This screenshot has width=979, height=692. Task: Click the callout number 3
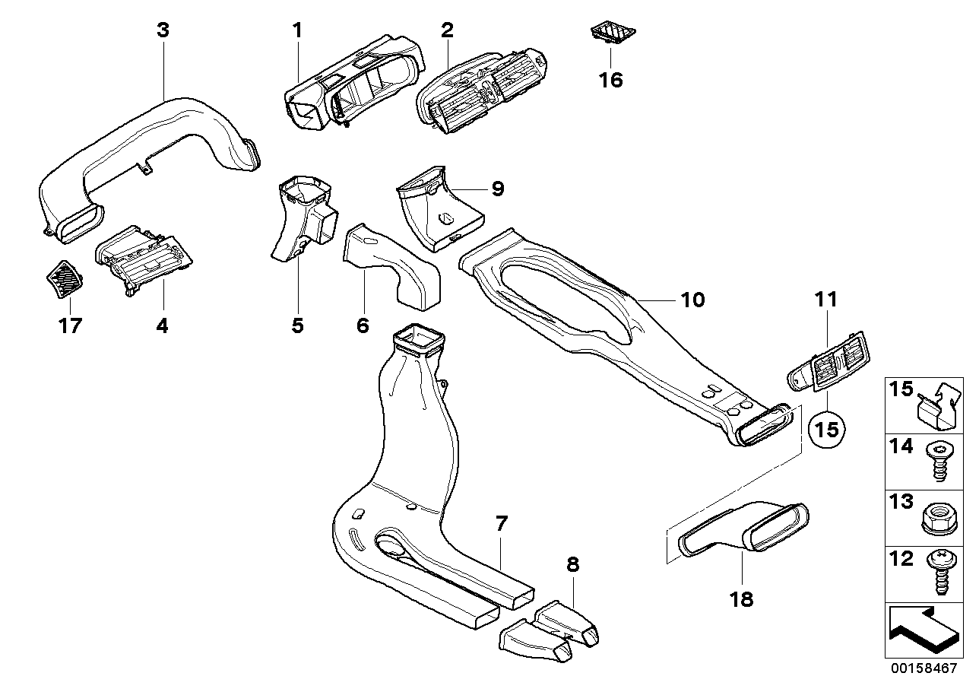[x=162, y=30]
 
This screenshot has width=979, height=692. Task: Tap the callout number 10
[x=692, y=300]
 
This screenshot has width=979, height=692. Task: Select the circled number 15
[x=828, y=429]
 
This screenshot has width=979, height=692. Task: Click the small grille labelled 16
[x=614, y=33]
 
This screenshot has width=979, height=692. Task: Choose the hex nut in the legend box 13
[x=937, y=518]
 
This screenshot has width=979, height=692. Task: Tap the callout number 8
[x=572, y=564]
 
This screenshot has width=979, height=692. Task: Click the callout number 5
[x=297, y=326]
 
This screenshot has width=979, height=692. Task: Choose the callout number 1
[x=297, y=30]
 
